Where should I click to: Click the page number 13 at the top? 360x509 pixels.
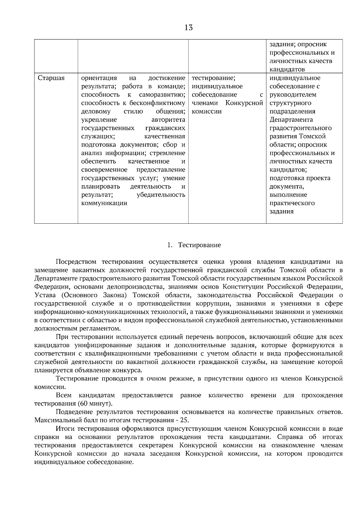pos(188,28)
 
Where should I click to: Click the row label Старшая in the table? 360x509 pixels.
pos(51,78)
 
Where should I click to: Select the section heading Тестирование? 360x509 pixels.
pos(199,245)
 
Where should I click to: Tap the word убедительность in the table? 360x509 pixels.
pos(161,195)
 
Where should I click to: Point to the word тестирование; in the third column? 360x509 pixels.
pos(213,78)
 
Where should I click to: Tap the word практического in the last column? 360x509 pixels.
pos(292,203)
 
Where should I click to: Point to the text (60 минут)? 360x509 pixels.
pos(95,403)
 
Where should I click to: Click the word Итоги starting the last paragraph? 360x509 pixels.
pos(65,429)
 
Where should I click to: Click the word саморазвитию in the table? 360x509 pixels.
pos(162,95)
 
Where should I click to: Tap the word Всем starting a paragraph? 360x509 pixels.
pos(64,395)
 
